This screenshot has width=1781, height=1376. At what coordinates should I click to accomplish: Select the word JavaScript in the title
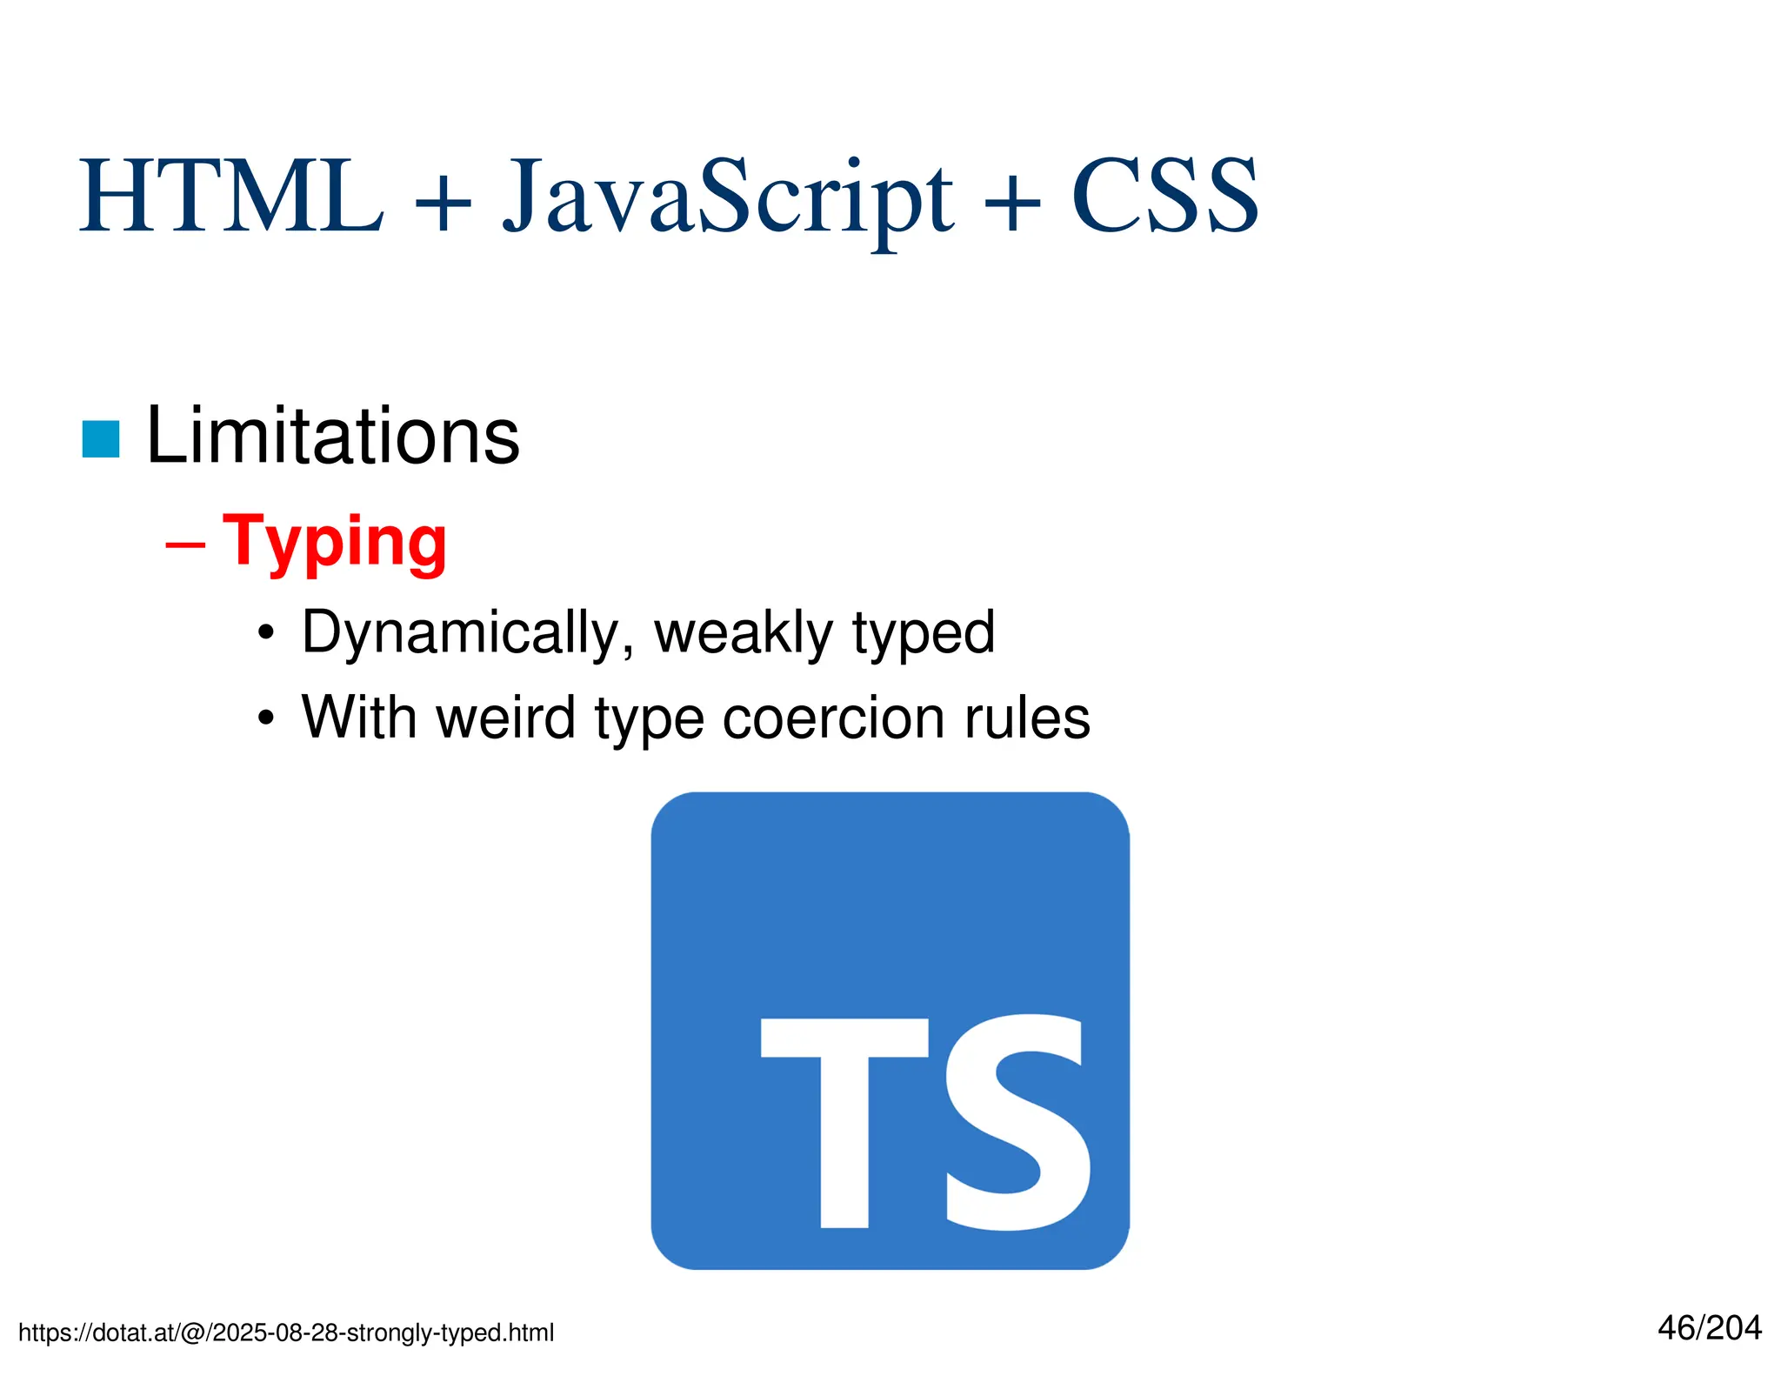(x=728, y=198)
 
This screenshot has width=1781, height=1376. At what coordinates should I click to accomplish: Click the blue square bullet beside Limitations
(x=101, y=439)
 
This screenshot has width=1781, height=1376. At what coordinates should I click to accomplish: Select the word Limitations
(x=332, y=436)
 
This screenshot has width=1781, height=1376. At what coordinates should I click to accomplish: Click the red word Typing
(x=335, y=543)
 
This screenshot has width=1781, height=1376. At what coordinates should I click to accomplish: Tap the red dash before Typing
(x=185, y=546)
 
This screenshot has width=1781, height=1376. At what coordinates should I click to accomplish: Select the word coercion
(x=833, y=718)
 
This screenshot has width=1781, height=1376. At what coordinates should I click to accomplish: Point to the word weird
(x=505, y=718)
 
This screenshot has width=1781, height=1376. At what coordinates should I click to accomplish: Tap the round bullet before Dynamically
(x=266, y=635)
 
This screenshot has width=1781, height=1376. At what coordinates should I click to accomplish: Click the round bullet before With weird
(x=266, y=720)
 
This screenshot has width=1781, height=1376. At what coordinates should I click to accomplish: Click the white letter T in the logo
(x=844, y=1122)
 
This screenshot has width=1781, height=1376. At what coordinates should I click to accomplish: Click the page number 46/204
(x=1709, y=1328)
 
